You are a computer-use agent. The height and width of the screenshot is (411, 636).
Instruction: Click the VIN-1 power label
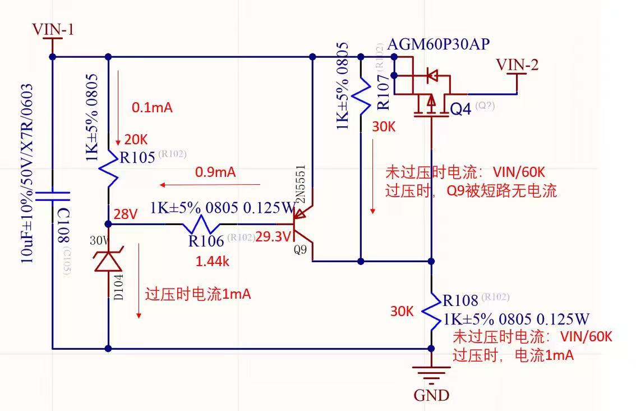pyautogui.click(x=53, y=29)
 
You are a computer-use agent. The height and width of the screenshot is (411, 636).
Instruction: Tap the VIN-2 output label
pyautogui.click(x=517, y=65)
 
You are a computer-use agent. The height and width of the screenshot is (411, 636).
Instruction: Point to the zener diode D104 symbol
pyautogui.click(x=108, y=261)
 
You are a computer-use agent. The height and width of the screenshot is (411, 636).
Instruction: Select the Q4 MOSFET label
pyautogui.click(x=461, y=108)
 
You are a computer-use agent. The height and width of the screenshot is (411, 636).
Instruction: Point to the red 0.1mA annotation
pyautogui.click(x=152, y=107)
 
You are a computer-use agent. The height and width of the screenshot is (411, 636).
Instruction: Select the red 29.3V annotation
pyautogui.click(x=273, y=237)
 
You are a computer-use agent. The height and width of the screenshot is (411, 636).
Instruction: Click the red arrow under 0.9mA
pyautogui.click(x=210, y=184)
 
